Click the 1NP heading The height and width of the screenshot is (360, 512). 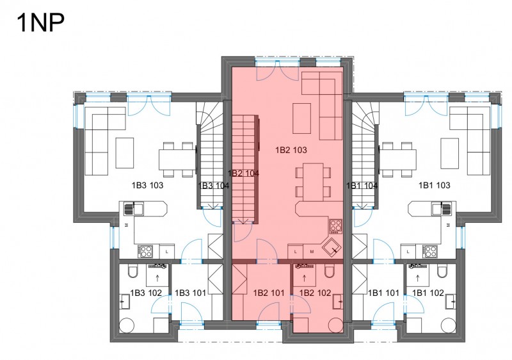click(40, 22)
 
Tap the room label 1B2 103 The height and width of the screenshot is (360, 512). click(291, 150)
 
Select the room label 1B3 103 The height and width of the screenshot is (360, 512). click(147, 185)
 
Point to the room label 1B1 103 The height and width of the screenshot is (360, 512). click(435, 185)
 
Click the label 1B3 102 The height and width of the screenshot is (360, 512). click(146, 293)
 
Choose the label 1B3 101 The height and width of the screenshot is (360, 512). click(190, 293)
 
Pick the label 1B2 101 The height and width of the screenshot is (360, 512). click(269, 293)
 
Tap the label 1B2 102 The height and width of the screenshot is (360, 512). click(315, 293)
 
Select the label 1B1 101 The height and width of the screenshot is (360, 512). click(383, 293)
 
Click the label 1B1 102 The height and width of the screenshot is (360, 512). click(428, 293)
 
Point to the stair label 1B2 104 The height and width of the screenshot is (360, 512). click(244, 174)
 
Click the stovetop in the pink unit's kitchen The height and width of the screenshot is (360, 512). click(335, 226)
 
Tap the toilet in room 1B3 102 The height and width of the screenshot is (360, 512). click(133, 271)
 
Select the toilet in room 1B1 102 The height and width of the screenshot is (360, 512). click(442, 271)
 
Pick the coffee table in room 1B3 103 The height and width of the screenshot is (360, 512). click(125, 153)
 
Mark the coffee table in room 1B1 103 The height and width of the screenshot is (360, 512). click(450, 153)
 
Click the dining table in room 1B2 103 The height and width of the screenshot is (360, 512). click(313, 182)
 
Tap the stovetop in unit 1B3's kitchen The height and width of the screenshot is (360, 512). click(145, 252)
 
